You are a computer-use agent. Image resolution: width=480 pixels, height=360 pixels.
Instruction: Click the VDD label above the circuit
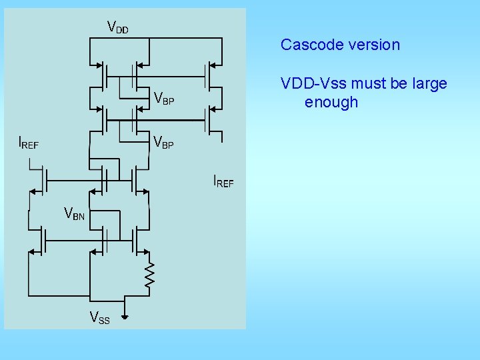pos(118,27)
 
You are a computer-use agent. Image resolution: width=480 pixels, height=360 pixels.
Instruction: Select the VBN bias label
pos(74,214)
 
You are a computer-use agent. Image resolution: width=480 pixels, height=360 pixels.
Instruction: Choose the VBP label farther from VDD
pos(164,142)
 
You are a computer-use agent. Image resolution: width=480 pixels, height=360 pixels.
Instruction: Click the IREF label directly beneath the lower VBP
pos(223,181)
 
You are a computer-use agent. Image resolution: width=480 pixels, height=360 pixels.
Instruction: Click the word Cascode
pos(309,45)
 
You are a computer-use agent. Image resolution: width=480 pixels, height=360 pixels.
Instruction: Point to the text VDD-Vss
pos(310,84)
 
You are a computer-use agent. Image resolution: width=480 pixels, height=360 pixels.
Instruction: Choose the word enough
pos(331,102)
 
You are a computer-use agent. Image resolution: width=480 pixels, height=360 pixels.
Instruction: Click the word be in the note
pos(393,84)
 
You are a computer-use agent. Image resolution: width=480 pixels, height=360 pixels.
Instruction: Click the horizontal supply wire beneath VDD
pos(153,38)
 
